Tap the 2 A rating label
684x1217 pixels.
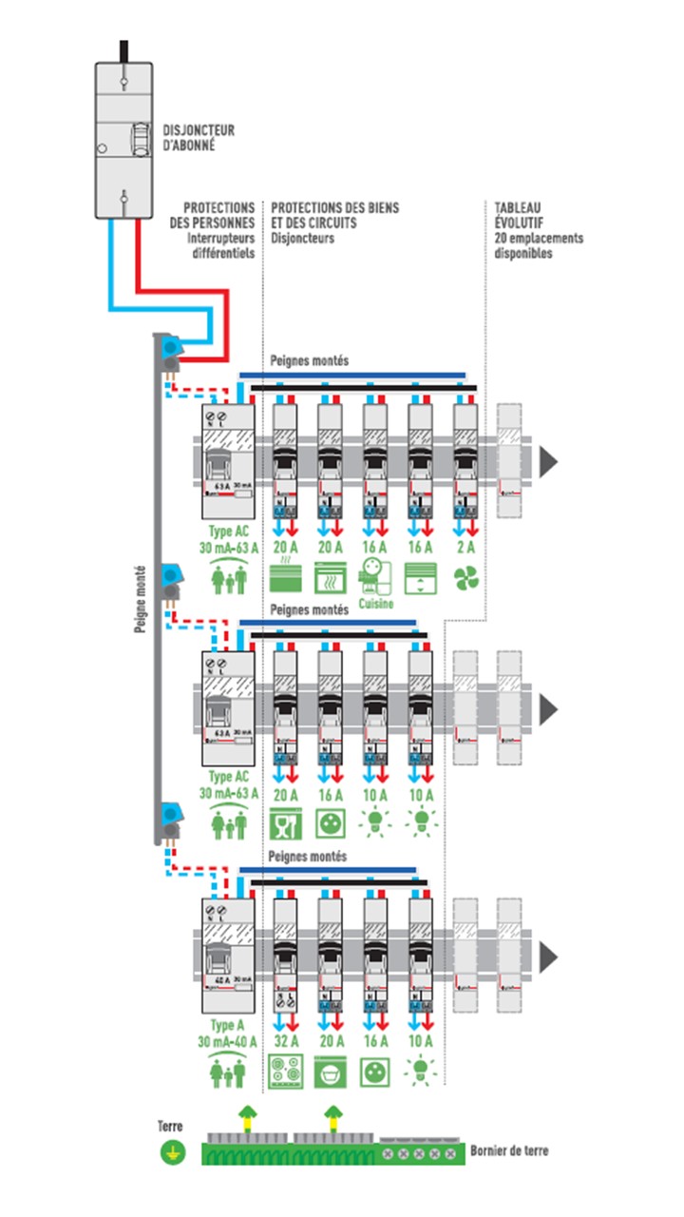pos(465,547)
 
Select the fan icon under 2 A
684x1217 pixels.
pos(465,578)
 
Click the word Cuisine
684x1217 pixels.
pos(374,603)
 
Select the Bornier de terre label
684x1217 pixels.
pos(509,1150)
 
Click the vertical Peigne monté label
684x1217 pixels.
pos(140,588)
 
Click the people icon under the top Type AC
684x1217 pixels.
pos(227,578)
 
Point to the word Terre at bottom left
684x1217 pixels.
pos(169,1126)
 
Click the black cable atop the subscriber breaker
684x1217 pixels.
pos(123,50)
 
